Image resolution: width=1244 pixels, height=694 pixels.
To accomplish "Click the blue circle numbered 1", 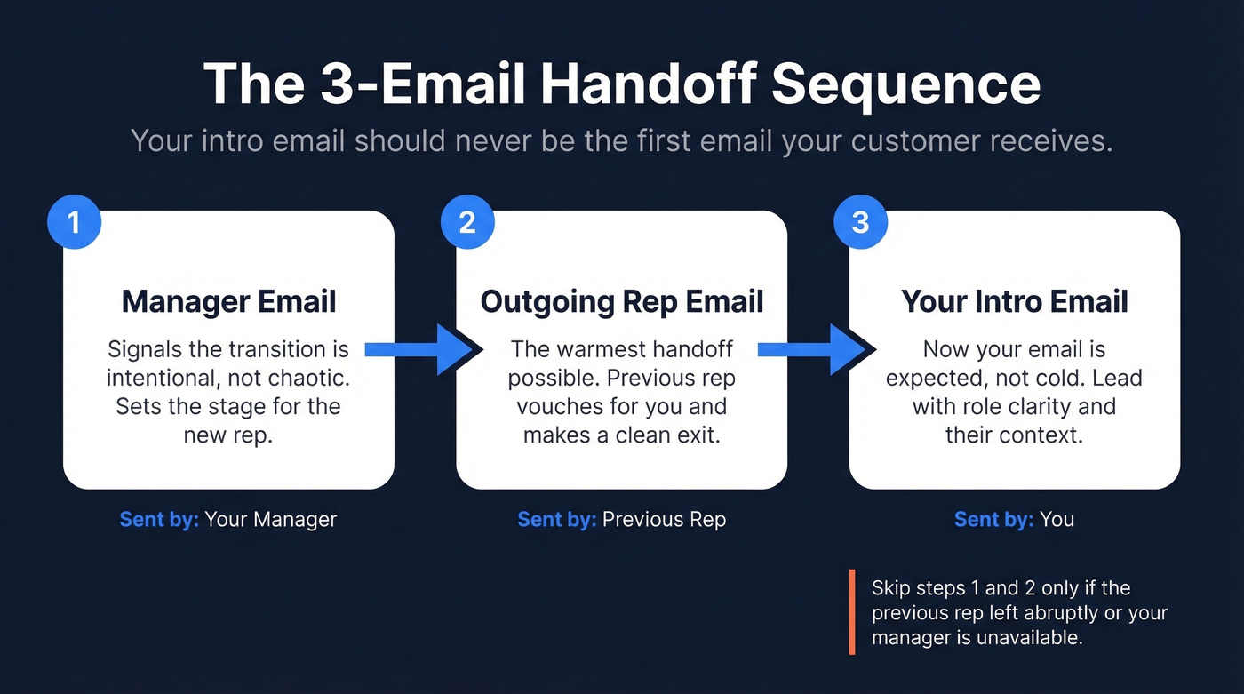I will click(x=74, y=221).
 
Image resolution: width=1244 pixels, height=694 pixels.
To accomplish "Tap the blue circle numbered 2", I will click(x=467, y=221).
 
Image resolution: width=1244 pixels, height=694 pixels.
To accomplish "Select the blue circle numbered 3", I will click(x=860, y=221).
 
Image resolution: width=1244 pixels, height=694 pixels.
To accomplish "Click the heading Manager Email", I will click(x=228, y=301).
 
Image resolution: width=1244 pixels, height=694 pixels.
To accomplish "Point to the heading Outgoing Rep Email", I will click(x=622, y=301).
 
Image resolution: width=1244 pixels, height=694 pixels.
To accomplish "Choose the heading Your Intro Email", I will click(x=1015, y=301).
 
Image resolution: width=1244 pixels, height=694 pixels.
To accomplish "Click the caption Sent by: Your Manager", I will click(x=228, y=519).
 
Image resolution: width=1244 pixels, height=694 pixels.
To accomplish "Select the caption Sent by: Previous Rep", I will click(x=622, y=519).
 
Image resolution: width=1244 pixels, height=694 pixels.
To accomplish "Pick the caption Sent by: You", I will click(x=1015, y=519).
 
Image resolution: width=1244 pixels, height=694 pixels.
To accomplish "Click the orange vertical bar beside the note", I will click(x=852, y=612).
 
